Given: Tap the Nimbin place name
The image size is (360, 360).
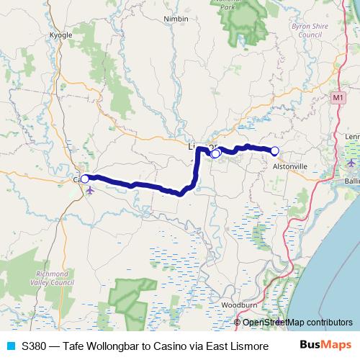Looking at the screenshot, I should [x=176, y=21].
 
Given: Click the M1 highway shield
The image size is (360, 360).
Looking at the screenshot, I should [x=339, y=96].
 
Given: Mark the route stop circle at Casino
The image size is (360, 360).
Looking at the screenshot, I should [x=84, y=179].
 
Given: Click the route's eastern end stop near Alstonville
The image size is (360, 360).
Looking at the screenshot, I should [x=274, y=150].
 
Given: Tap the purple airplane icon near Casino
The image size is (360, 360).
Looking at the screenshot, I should [x=90, y=191].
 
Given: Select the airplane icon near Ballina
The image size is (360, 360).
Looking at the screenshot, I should [x=351, y=162].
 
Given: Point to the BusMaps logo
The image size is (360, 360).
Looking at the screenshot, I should [x=325, y=345].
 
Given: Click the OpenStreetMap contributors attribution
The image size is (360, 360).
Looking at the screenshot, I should [x=297, y=322].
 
